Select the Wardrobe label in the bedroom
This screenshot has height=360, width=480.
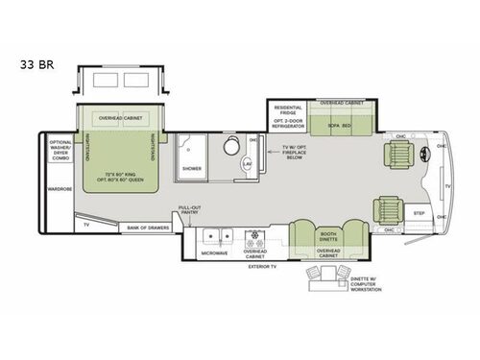coord(60,189)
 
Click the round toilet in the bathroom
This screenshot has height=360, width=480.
coord(231,147)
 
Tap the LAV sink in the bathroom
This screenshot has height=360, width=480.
coord(247,165)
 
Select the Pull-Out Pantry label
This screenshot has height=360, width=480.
coord(190,211)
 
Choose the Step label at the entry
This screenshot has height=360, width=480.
coord(419,212)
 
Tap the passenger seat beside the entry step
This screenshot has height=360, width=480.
coord(389,208)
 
